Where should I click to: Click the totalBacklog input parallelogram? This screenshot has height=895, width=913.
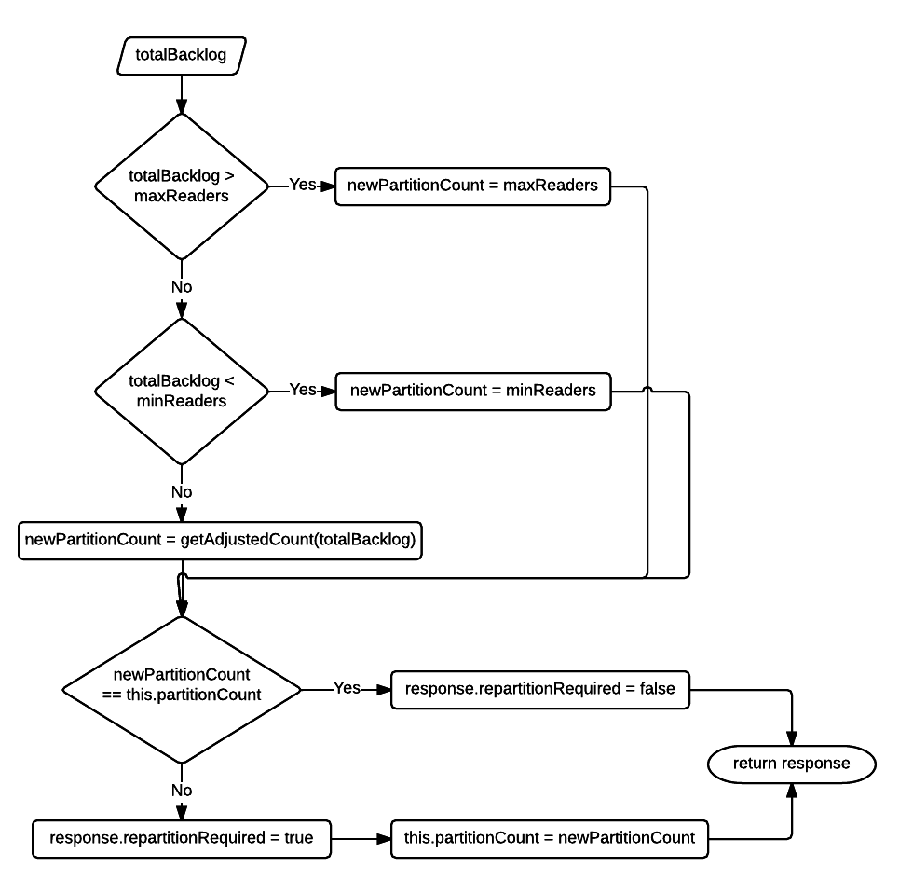pos(181,55)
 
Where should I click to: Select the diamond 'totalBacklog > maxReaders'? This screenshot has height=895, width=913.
pos(182,186)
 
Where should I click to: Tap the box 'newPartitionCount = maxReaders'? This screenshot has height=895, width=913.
pos(472,186)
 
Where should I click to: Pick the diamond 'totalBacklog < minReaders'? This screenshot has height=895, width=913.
pos(182,392)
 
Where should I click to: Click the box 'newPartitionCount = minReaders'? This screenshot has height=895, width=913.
pos(472,391)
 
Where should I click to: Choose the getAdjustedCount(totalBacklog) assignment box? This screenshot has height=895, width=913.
pos(220,540)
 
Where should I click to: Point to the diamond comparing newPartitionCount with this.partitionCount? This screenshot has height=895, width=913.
pos(182,690)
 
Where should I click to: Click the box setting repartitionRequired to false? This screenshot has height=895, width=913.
pos(539,689)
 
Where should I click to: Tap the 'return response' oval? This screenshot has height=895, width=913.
pos(791,764)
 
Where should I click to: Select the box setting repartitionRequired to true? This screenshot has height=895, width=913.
pos(182,838)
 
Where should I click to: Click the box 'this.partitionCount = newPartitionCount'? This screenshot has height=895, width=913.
pos(549,838)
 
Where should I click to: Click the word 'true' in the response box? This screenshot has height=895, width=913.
pos(298,838)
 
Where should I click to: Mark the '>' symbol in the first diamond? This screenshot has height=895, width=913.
pos(229,176)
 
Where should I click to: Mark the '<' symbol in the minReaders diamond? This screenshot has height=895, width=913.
pos(229,381)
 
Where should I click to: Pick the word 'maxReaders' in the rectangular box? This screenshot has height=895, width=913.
pos(551,186)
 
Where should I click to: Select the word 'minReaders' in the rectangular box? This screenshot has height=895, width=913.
pos(551,391)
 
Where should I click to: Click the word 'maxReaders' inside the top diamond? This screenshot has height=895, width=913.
pos(182,197)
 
